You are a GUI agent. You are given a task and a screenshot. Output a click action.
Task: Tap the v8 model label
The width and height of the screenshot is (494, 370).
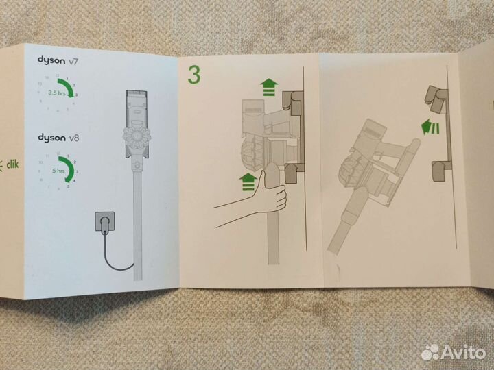click(x=77, y=139)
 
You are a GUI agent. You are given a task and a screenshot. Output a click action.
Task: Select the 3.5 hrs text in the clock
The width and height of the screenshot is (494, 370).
click(x=56, y=90)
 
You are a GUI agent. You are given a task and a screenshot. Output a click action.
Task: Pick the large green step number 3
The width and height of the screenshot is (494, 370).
click(x=194, y=75)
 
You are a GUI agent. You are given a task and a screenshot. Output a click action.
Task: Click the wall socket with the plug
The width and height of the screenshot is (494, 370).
click(x=105, y=223)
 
